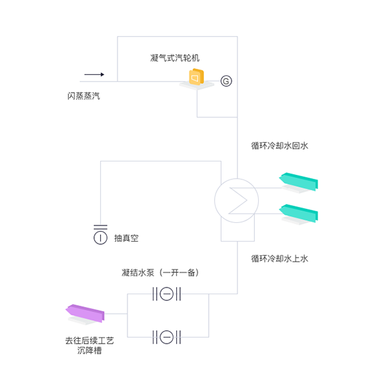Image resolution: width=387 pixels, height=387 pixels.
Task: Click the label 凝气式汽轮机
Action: [x=175, y=58]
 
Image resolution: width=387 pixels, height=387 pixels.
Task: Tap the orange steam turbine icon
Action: [x=196, y=77]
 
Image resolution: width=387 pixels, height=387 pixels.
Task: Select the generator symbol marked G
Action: [x=226, y=81]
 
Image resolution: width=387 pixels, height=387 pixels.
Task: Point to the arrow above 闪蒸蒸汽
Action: [x=94, y=74]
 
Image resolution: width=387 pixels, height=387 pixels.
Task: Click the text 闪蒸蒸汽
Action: [x=83, y=96]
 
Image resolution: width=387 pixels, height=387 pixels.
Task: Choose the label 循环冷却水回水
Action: [x=280, y=145]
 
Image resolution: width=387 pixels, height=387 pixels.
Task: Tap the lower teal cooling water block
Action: [x=299, y=214]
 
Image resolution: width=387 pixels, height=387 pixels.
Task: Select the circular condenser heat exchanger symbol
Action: [x=236, y=200]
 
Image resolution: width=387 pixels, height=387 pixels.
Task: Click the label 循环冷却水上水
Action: [x=280, y=258]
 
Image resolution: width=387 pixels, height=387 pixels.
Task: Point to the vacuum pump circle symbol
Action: [x=101, y=238]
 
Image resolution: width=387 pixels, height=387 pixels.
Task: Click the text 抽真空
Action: [x=126, y=238]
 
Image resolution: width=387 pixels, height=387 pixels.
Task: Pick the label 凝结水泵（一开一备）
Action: [x=160, y=272]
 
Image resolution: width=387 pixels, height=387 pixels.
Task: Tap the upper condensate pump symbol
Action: [x=167, y=294]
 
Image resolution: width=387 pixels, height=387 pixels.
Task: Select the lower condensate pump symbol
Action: [x=167, y=337]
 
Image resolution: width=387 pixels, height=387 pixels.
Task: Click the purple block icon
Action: [x=85, y=314]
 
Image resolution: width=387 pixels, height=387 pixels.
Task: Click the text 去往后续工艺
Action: [x=89, y=340]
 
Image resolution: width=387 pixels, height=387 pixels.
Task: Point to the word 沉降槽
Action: [x=89, y=350]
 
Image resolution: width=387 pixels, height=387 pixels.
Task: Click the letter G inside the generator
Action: [x=226, y=81]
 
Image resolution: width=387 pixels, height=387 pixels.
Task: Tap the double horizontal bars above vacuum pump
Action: [x=101, y=227]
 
